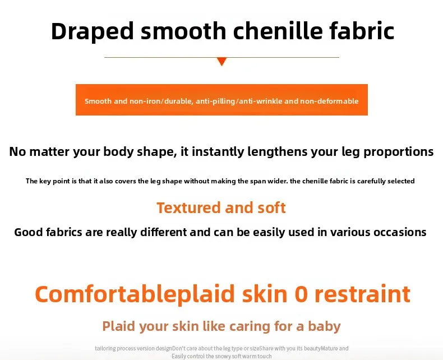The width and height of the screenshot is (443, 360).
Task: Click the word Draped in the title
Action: pos(93,31)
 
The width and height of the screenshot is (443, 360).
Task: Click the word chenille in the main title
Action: pos(278,31)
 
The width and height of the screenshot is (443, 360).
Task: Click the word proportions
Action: pos(398,152)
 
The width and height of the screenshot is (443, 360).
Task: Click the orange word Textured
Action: pos(189,207)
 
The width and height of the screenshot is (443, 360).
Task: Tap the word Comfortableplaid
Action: pos(135,295)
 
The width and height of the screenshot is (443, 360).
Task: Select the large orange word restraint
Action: pos(362,294)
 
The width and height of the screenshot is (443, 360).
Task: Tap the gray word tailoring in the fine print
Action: pos(105,348)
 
